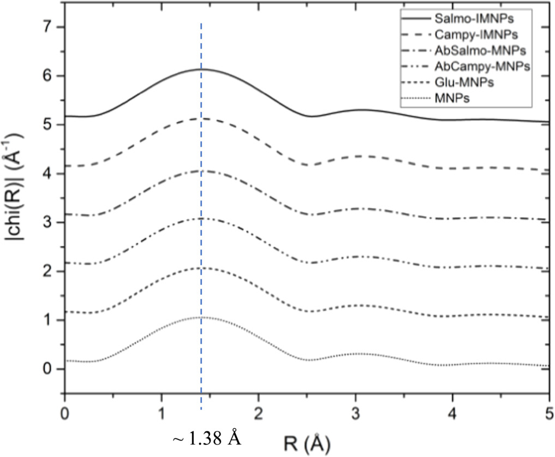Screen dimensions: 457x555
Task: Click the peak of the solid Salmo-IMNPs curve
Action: coord(202,69)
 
